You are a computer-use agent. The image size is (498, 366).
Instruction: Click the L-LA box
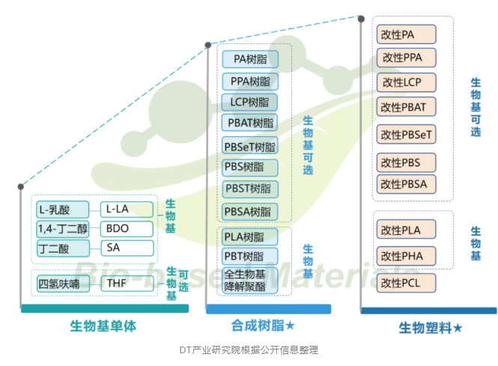pos(127,210)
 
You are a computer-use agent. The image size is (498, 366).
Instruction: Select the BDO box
pos(127,228)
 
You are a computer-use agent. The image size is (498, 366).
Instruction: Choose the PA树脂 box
pos(249,58)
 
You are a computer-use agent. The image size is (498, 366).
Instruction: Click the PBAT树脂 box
pos(249,122)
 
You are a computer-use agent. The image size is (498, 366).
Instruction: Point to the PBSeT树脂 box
pos(249,146)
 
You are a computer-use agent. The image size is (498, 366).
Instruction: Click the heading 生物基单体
pos(103,326)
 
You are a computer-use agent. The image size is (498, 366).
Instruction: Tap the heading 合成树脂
pos(262,325)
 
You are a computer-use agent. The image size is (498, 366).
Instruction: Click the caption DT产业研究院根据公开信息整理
pos(249,350)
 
